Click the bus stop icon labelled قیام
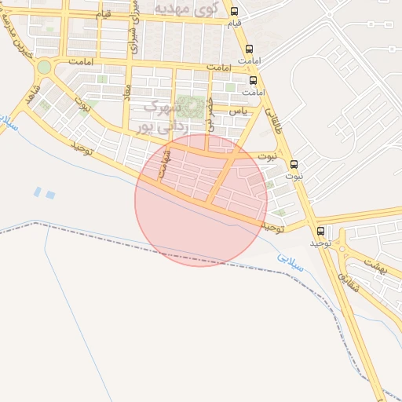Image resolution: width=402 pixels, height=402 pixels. [x=234, y=11]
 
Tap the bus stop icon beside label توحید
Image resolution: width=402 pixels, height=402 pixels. [x=320, y=231]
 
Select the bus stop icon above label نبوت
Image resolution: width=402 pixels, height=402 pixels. [x=294, y=164]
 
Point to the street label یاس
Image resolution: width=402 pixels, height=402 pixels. [x=238, y=112]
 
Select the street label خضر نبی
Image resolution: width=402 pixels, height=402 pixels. [x=210, y=115]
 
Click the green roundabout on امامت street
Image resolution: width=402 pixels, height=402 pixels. [x=44, y=68]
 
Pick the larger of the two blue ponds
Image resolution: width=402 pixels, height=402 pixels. [x=50, y=194]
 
